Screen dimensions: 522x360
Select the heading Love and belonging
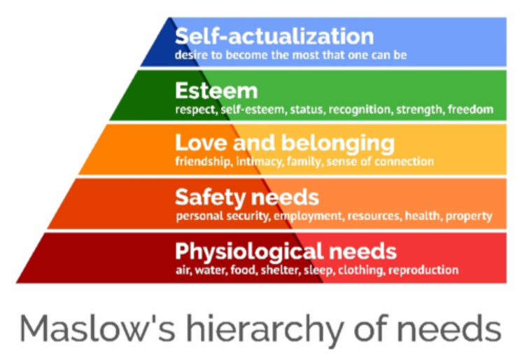coord(284,144)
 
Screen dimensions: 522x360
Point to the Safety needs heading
coord(246,196)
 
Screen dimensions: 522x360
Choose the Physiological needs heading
coord(285,250)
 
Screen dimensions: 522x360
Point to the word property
coord(472,216)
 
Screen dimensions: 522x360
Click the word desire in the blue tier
coord(192,54)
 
